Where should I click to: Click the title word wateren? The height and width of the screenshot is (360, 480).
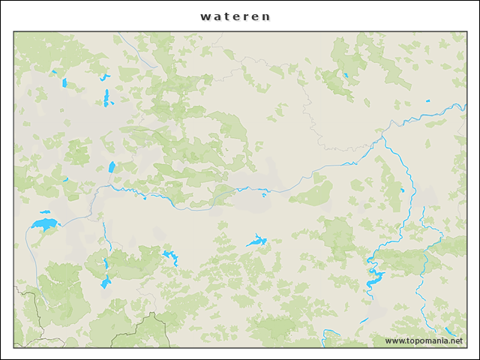(235, 16)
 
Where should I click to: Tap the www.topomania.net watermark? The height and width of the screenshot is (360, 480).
(424, 341)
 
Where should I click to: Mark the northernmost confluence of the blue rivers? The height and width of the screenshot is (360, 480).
(383, 136)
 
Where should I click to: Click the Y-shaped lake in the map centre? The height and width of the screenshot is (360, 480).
(256, 241)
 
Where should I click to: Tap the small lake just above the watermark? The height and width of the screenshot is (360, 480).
(449, 330)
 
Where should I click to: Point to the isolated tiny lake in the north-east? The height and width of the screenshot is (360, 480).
(427, 100)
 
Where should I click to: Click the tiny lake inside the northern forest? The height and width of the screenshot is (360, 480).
(346, 75)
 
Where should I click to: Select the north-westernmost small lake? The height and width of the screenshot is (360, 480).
(54, 72)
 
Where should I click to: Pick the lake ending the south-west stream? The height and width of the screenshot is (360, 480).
(106, 283)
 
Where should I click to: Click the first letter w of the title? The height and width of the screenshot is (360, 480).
(205, 16)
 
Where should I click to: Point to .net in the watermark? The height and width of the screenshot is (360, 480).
(453, 341)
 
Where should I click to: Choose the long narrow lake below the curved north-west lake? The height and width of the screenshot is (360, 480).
(106, 97)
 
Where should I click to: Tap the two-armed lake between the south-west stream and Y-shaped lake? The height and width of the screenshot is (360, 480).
(171, 257)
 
